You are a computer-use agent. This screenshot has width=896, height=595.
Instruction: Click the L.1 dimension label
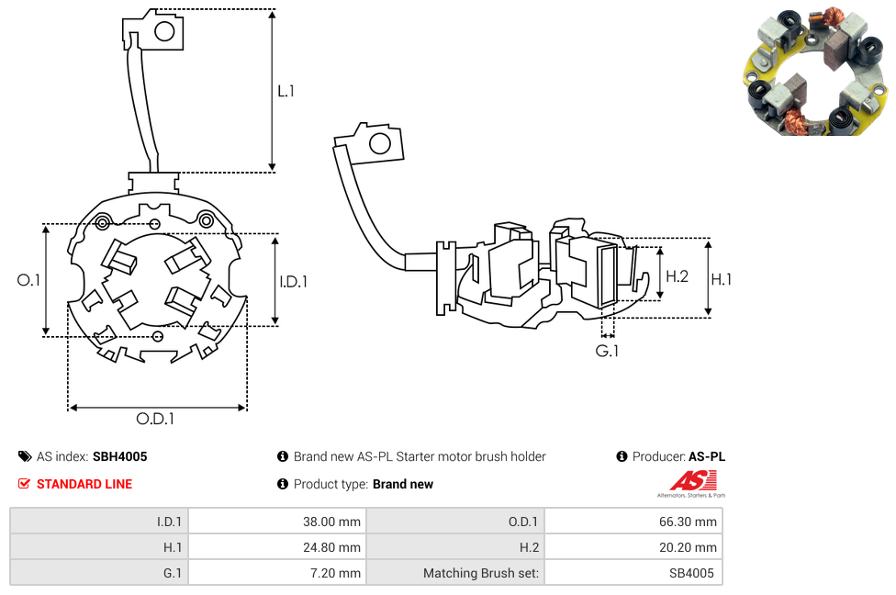pyautogui.click(x=286, y=91)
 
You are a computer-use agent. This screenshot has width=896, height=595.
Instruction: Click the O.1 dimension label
pyautogui.click(x=29, y=280)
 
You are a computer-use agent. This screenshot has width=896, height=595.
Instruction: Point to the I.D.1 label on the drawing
pyautogui.click(x=293, y=282)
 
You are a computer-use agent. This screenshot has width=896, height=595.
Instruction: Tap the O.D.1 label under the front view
pyautogui.click(x=155, y=419)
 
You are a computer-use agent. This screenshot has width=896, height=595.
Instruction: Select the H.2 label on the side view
pyautogui.click(x=677, y=276)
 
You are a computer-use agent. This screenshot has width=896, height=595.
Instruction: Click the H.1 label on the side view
pyautogui.click(x=722, y=279)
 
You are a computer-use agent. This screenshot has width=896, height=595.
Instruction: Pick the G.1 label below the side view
pyautogui.click(x=607, y=351)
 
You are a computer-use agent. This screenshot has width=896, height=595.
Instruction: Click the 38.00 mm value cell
pyautogui.click(x=276, y=522)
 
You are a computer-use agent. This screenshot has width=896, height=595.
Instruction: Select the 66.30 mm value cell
pyautogui.click(x=633, y=522)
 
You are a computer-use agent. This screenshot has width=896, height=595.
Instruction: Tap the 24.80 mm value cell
pyautogui.click(x=276, y=547)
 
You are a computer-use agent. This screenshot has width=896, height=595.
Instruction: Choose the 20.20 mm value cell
pyautogui.click(x=633, y=547)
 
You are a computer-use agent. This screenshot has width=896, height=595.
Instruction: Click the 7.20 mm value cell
pyautogui.click(x=276, y=573)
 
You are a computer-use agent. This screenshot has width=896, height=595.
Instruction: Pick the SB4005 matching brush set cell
pyautogui.click(x=633, y=573)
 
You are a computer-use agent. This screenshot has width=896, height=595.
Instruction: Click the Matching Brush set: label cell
pyautogui.click(x=454, y=573)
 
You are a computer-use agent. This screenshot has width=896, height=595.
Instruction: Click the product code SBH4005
pyautogui.click(x=119, y=456)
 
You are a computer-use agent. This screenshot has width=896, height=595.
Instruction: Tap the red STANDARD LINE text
pyautogui.click(x=84, y=484)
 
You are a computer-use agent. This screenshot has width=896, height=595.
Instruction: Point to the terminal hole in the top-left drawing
pyautogui.click(x=164, y=32)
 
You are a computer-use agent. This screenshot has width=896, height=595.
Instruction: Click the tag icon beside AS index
pyautogui.click(x=24, y=456)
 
